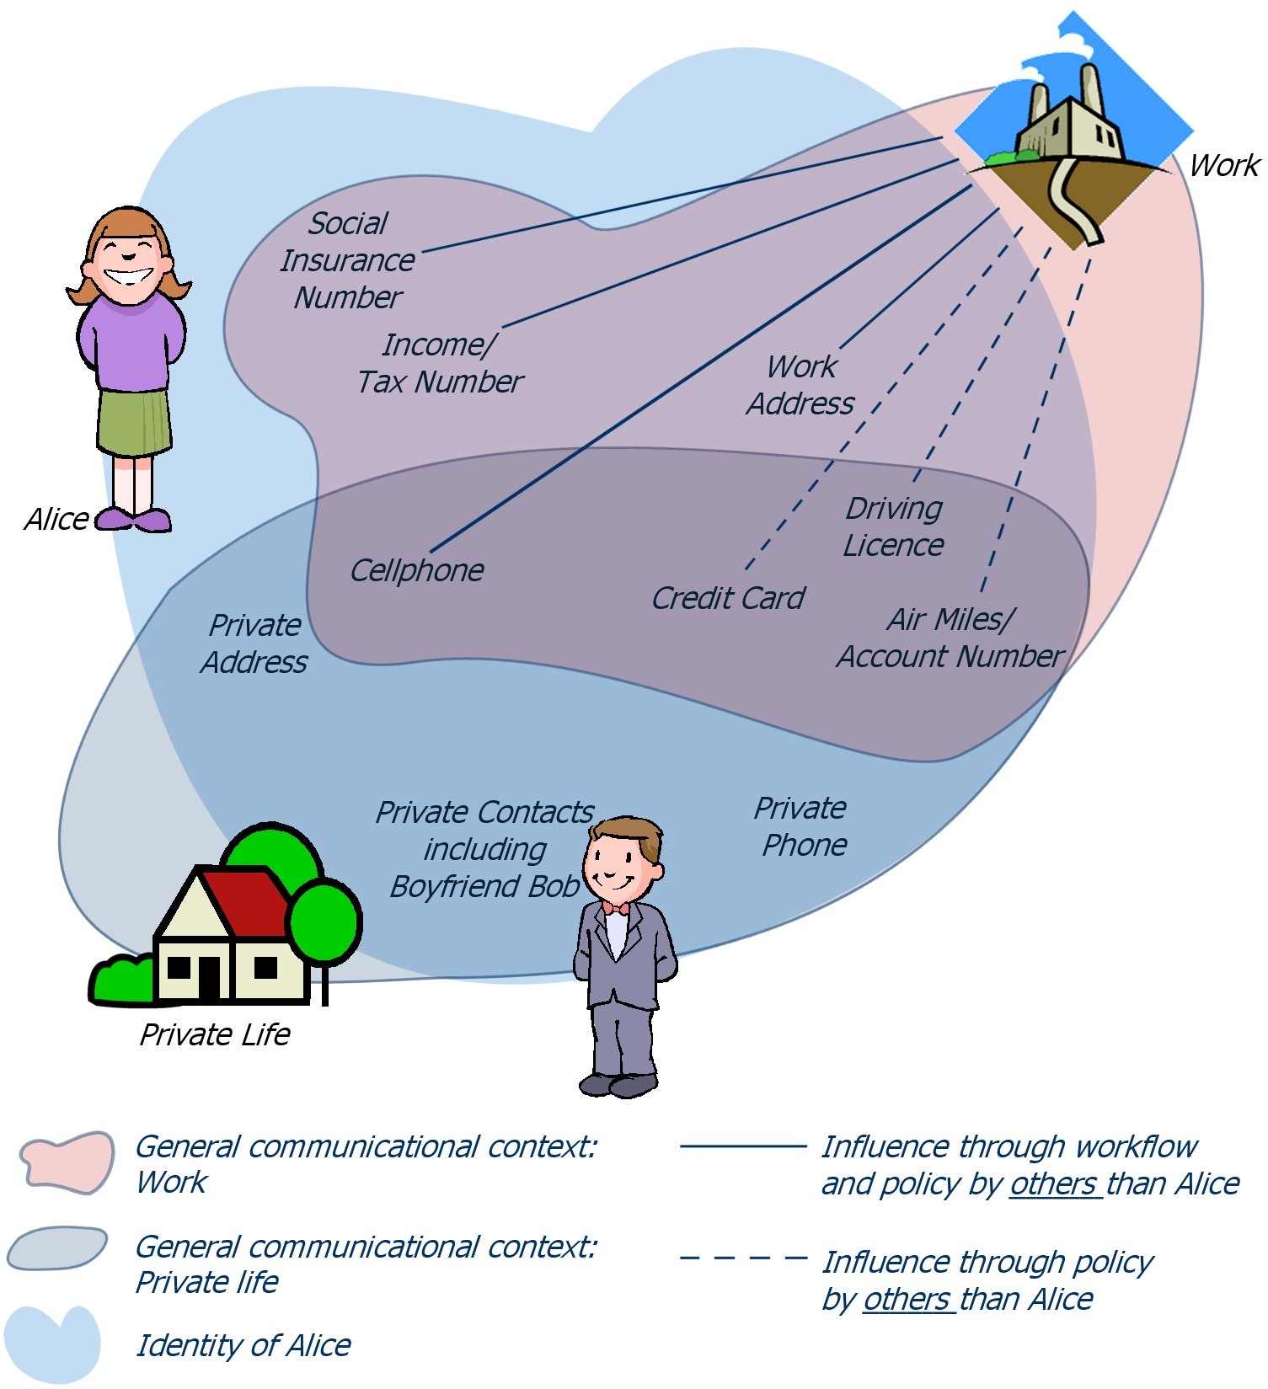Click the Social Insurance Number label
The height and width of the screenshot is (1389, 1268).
pos(347,260)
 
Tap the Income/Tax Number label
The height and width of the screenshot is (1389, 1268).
pos(440,363)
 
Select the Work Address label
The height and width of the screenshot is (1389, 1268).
pos(800,385)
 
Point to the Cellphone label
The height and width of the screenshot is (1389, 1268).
pos(416,570)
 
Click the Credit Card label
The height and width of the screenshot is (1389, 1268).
pos(728,598)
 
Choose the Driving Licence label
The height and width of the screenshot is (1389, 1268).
pos(893,526)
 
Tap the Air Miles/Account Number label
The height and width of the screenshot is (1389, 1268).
pos(950,638)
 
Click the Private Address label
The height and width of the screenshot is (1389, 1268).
pos(254,644)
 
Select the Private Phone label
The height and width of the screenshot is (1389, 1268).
pos(801,826)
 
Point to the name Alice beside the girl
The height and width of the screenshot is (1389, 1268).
pos(56,519)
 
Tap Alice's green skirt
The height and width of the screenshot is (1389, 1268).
pos(134,421)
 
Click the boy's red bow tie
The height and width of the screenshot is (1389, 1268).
pos(615,908)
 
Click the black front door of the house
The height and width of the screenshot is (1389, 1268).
pos(208,977)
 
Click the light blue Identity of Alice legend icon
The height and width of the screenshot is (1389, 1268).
pos(52,1343)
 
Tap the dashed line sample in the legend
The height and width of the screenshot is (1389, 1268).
pos(743,1258)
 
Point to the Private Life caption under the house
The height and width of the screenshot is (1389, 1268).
pos(215,1034)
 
